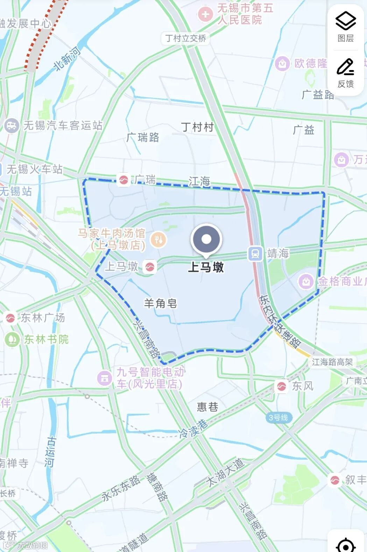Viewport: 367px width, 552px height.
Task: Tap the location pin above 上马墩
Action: click(x=206, y=239)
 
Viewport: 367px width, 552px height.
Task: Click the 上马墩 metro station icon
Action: click(x=150, y=267)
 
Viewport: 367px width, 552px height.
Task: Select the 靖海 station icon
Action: click(x=255, y=253)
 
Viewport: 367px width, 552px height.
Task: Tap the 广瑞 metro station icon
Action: click(x=123, y=180)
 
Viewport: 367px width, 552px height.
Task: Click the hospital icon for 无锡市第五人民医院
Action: click(x=205, y=14)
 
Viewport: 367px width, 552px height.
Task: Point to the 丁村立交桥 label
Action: click(x=186, y=38)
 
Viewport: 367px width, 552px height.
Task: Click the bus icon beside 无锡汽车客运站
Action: click(x=12, y=125)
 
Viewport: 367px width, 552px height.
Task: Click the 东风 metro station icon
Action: click(x=281, y=386)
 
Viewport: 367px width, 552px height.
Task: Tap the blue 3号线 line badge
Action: click(x=278, y=418)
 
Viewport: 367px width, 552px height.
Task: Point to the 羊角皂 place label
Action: click(x=161, y=303)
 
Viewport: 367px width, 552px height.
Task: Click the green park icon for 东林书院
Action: click(x=12, y=339)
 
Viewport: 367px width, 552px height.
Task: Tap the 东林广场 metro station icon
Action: click(x=10, y=318)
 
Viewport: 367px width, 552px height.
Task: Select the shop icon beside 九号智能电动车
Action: click(x=104, y=378)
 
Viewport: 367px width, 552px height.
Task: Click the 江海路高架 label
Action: click(x=332, y=362)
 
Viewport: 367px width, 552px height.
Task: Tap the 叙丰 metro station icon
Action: click(x=335, y=480)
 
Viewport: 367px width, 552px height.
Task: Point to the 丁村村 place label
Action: click(x=197, y=127)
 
